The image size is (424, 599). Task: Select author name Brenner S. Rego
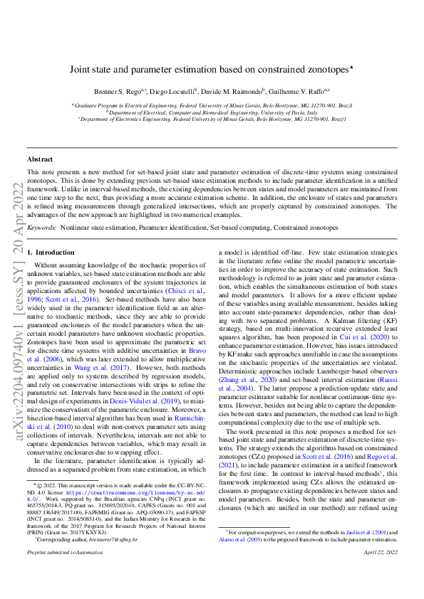point(116,92)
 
